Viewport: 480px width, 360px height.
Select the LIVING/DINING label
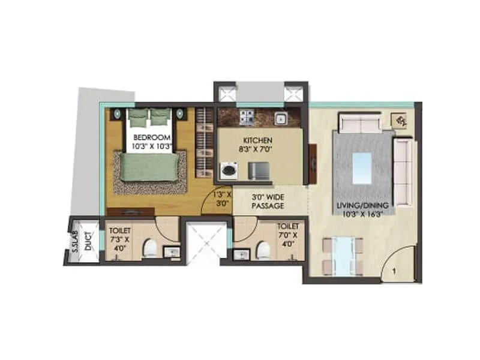pos(363,206)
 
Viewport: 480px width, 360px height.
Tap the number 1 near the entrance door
pos(394,271)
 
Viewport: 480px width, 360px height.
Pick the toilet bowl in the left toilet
pos(151,247)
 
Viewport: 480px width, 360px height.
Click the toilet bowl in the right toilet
pos(262,248)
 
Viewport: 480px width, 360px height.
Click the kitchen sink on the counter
pos(280,118)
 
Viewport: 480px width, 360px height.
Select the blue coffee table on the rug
pos(363,168)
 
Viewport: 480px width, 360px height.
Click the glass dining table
pos(343,256)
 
